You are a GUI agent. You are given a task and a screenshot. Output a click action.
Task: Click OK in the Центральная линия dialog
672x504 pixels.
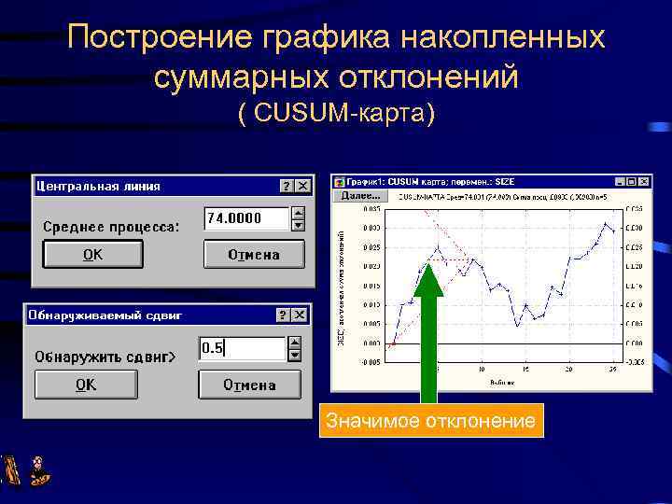tap(92, 255)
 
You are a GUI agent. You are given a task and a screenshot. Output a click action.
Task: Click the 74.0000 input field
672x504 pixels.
tap(246, 218)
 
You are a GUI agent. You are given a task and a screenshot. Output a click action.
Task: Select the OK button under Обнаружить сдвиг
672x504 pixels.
tap(86, 385)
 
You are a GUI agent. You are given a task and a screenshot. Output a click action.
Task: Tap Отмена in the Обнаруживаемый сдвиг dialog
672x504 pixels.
tap(249, 385)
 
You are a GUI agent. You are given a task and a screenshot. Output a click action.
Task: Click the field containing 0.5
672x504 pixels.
tap(242, 349)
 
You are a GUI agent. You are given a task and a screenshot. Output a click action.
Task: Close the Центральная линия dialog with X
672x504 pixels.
tap(302, 187)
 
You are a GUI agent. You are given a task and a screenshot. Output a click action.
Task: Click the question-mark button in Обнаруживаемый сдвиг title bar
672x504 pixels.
tap(282, 316)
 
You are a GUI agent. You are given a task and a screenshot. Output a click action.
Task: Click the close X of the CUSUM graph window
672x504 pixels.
tap(644, 182)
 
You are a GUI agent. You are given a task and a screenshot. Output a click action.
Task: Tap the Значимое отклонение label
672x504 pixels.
tap(430, 422)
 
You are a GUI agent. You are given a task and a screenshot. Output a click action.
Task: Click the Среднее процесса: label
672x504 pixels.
tap(111, 227)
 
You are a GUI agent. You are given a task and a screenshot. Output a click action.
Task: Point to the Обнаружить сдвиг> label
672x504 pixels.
tap(105, 357)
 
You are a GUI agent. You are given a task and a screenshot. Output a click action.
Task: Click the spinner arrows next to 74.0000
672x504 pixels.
tap(298, 218)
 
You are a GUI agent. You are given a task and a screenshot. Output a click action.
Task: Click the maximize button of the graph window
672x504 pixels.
tap(631, 182)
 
